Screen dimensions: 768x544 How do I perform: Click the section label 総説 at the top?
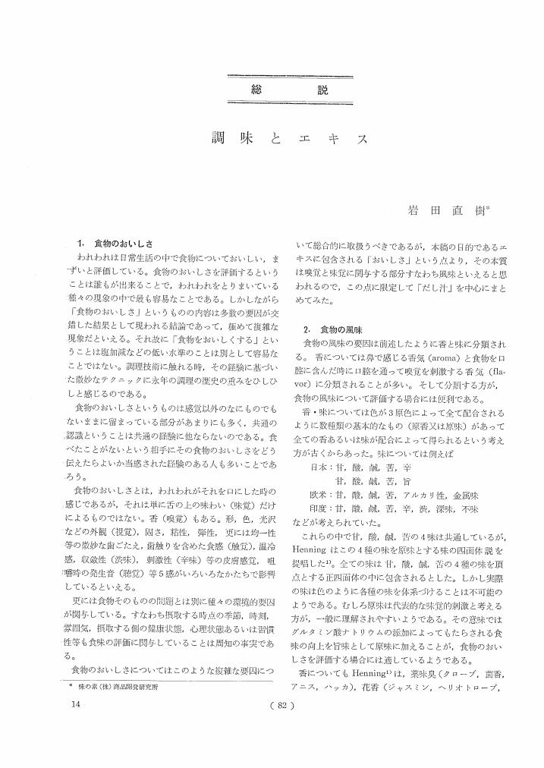[x=291, y=90]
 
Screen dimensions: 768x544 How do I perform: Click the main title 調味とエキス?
[x=291, y=140]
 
